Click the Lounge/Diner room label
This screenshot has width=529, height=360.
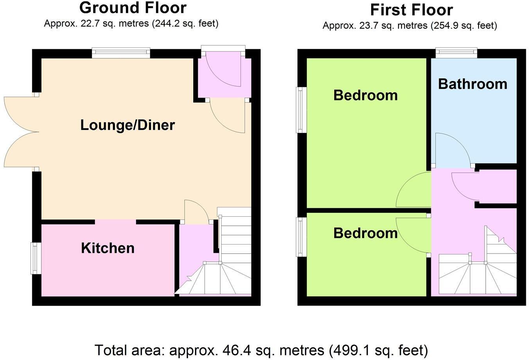point(127,125)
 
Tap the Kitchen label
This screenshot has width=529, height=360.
point(108,248)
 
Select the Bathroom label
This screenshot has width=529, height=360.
point(472,84)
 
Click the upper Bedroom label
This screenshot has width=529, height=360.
point(365,95)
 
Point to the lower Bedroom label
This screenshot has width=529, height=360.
point(365,233)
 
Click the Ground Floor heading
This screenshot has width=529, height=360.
point(133,8)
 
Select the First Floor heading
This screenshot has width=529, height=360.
point(411,10)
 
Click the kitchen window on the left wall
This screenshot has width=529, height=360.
point(36,258)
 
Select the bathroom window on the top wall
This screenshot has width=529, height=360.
point(456,53)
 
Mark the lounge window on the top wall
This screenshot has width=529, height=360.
point(121,53)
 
